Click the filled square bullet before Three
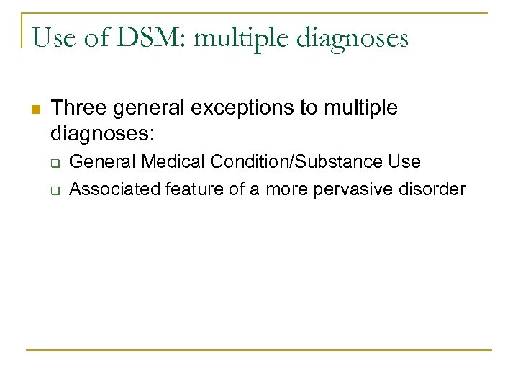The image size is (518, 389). click(35, 109)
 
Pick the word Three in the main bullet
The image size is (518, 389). click(79, 108)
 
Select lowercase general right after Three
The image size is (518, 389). click(147, 109)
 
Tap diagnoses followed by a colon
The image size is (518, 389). click(103, 133)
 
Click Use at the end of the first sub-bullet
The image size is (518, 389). click(404, 162)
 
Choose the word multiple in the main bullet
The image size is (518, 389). click(359, 109)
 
